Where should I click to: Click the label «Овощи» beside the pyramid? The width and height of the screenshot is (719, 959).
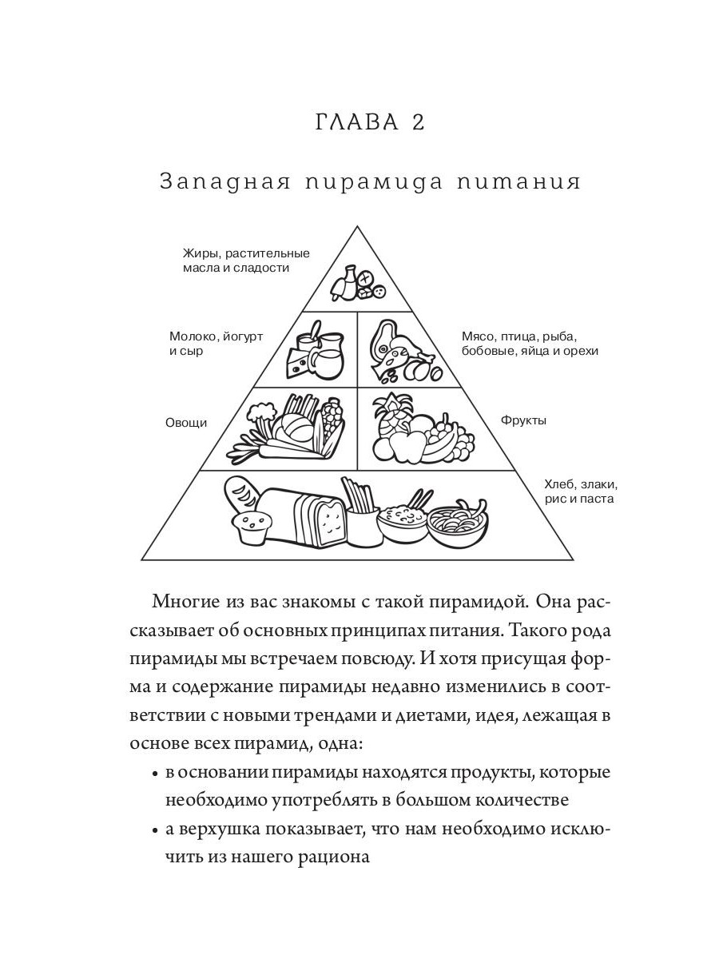[x=186, y=423]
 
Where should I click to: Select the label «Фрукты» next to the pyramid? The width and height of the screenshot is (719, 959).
[x=523, y=420]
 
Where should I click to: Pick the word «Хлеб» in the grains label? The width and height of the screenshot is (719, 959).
[x=560, y=485]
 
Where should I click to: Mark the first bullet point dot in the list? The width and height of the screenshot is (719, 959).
[x=153, y=774]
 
